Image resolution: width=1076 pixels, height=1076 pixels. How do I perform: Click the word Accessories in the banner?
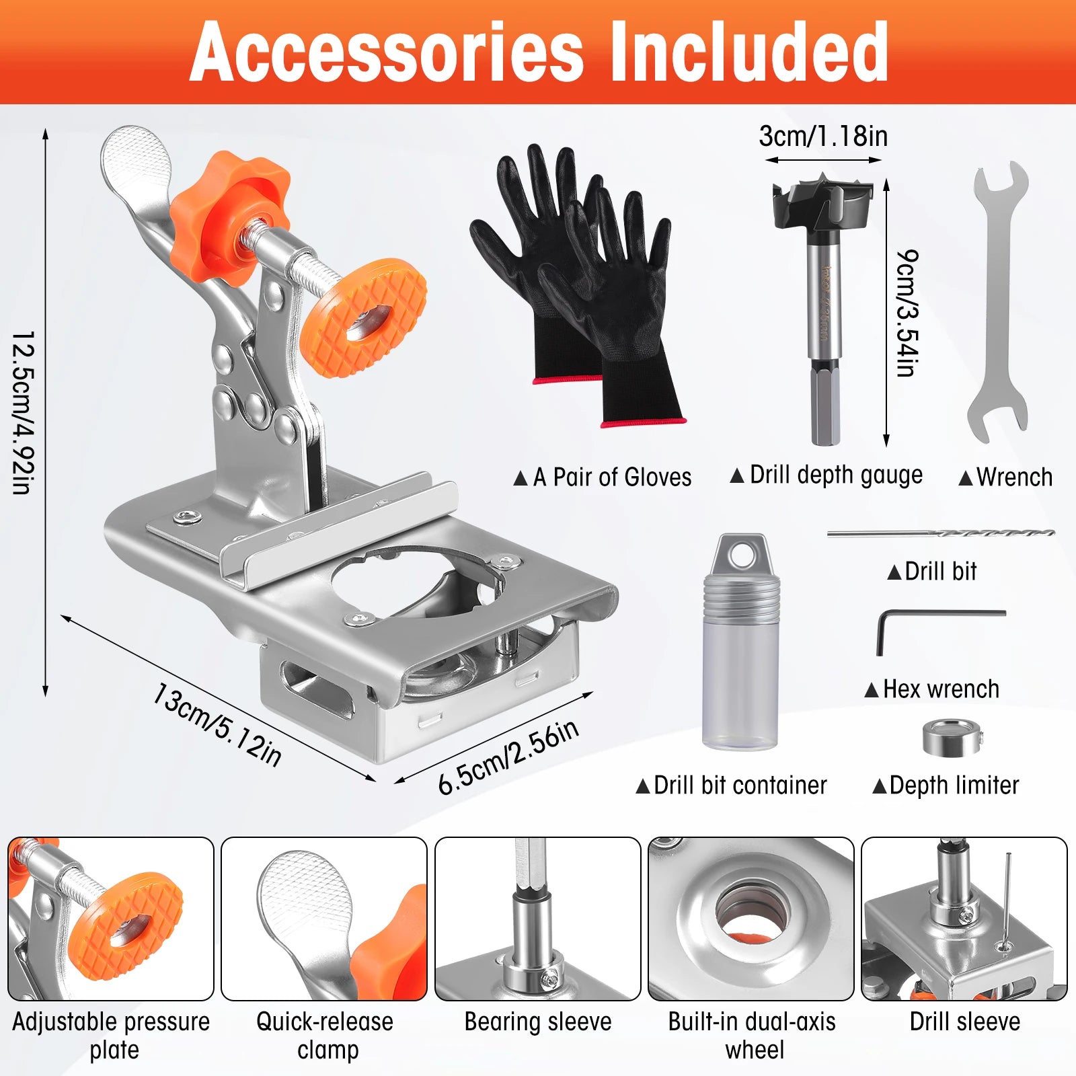click(x=386, y=52)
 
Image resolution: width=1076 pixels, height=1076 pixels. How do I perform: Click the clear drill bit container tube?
click(x=740, y=642)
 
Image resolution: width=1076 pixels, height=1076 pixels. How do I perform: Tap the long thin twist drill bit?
click(x=941, y=533)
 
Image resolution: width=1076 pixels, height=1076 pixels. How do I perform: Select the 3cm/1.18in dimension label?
click(x=823, y=137)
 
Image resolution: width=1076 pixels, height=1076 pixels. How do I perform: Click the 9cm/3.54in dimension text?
click(x=907, y=313)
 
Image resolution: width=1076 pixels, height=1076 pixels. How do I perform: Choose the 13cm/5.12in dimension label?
click(x=217, y=724)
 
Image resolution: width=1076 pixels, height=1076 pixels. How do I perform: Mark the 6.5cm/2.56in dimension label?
click(x=508, y=757)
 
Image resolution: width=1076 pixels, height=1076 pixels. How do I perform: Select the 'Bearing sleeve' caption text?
click(x=538, y=1022)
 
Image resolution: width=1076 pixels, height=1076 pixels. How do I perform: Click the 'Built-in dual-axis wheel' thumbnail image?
click(x=751, y=919)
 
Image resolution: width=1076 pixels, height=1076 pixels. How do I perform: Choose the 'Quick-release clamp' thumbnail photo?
click(x=324, y=919)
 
